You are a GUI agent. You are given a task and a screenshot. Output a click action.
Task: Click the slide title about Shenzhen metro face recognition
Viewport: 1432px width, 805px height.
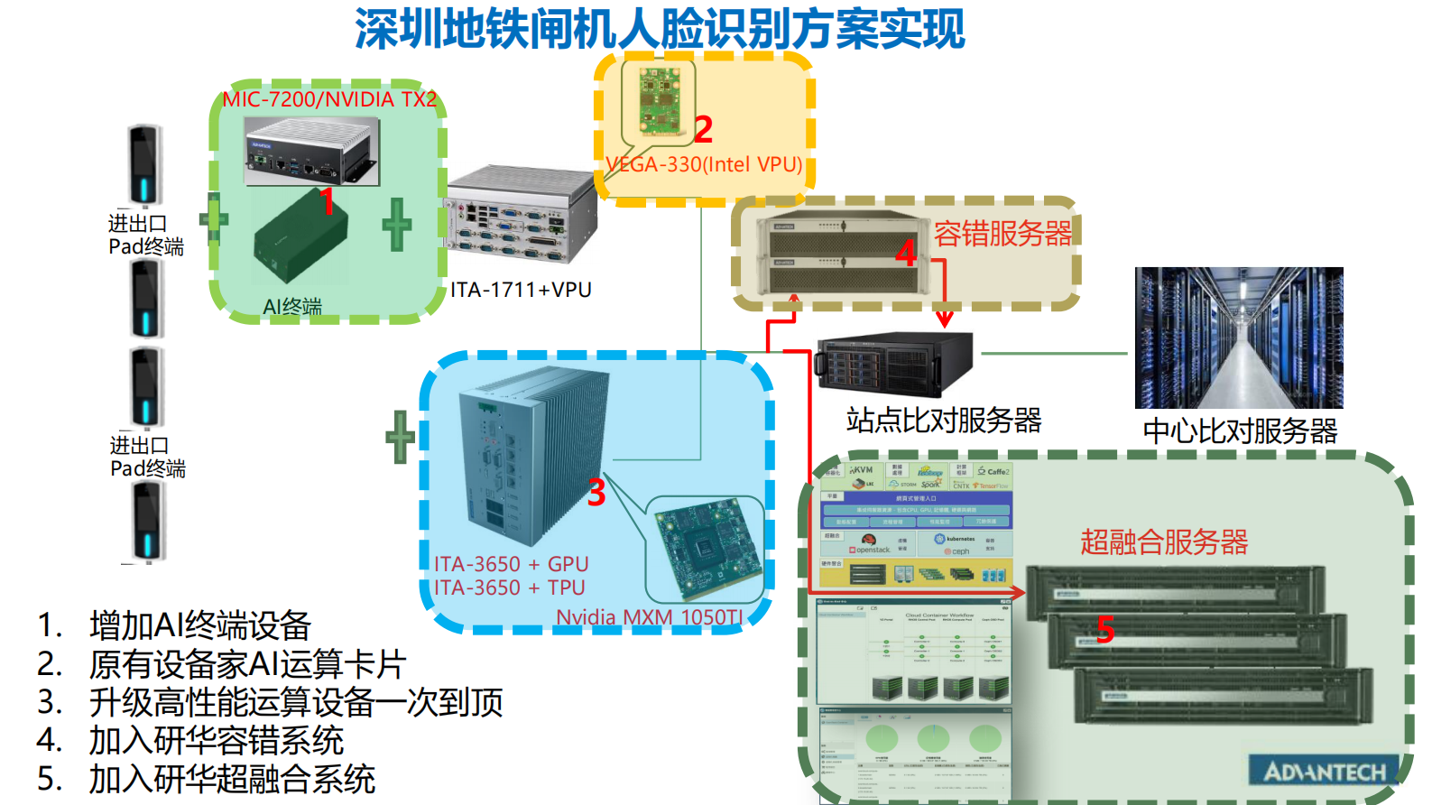(x=659, y=29)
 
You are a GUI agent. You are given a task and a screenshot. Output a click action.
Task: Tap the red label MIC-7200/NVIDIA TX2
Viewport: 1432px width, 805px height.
(x=329, y=99)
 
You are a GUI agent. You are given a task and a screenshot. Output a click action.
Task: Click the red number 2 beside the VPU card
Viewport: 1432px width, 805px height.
(x=704, y=129)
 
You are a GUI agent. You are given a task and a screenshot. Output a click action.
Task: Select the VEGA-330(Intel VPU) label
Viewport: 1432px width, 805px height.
(x=704, y=164)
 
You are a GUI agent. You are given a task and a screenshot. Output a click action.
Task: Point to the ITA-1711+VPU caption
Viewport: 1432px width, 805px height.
(x=521, y=291)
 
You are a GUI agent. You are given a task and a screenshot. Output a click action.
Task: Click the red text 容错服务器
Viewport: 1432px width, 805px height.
(x=1002, y=234)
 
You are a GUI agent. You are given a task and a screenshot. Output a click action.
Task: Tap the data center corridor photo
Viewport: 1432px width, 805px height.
(x=1239, y=338)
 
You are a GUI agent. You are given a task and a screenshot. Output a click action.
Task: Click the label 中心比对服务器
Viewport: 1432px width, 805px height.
(x=1240, y=430)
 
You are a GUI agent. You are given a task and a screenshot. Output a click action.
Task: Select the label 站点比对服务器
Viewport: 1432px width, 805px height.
(x=944, y=420)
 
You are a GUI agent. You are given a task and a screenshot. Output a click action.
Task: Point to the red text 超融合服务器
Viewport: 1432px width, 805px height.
(x=1164, y=541)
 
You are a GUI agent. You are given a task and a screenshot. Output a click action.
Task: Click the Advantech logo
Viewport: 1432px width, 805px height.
(x=1324, y=772)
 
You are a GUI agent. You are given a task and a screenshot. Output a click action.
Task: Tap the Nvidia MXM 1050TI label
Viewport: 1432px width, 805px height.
(x=650, y=617)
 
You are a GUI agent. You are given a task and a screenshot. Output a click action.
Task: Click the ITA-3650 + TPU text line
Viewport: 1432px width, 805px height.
(x=510, y=588)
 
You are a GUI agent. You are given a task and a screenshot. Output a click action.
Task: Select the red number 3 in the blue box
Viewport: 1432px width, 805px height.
(x=596, y=494)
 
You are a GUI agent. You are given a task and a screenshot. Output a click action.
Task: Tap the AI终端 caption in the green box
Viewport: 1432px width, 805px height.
(x=292, y=307)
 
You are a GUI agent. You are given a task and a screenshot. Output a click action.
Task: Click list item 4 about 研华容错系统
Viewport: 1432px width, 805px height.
(x=217, y=741)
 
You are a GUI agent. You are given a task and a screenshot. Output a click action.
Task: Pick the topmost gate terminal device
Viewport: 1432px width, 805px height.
(x=144, y=165)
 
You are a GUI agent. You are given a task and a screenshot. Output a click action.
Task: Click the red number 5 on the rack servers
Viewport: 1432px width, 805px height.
(x=1105, y=629)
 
